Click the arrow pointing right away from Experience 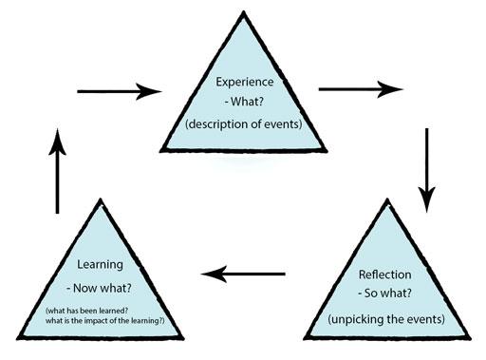click(x=361, y=89)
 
